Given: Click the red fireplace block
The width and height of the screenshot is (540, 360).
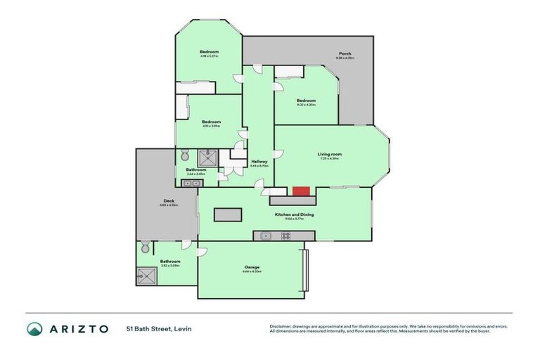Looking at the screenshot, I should (x=301, y=191).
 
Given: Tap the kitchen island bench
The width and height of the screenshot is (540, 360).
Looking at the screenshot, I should (x=227, y=214).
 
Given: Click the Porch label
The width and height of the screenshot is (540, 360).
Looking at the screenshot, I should (x=345, y=53).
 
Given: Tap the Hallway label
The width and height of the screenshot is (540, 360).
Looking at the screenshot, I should (x=259, y=162).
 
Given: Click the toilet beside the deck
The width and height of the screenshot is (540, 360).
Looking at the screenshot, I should (x=145, y=247).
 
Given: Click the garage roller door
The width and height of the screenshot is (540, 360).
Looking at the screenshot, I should (x=304, y=270).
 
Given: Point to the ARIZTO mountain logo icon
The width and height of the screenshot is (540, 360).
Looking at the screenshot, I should (x=34, y=328).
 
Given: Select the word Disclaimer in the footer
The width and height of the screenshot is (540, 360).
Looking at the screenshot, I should (x=281, y=326).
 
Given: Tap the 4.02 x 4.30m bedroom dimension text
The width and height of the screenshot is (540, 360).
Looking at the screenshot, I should (x=306, y=105).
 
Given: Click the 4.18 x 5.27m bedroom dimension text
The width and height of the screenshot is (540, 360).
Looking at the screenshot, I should (x=209, y=56).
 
